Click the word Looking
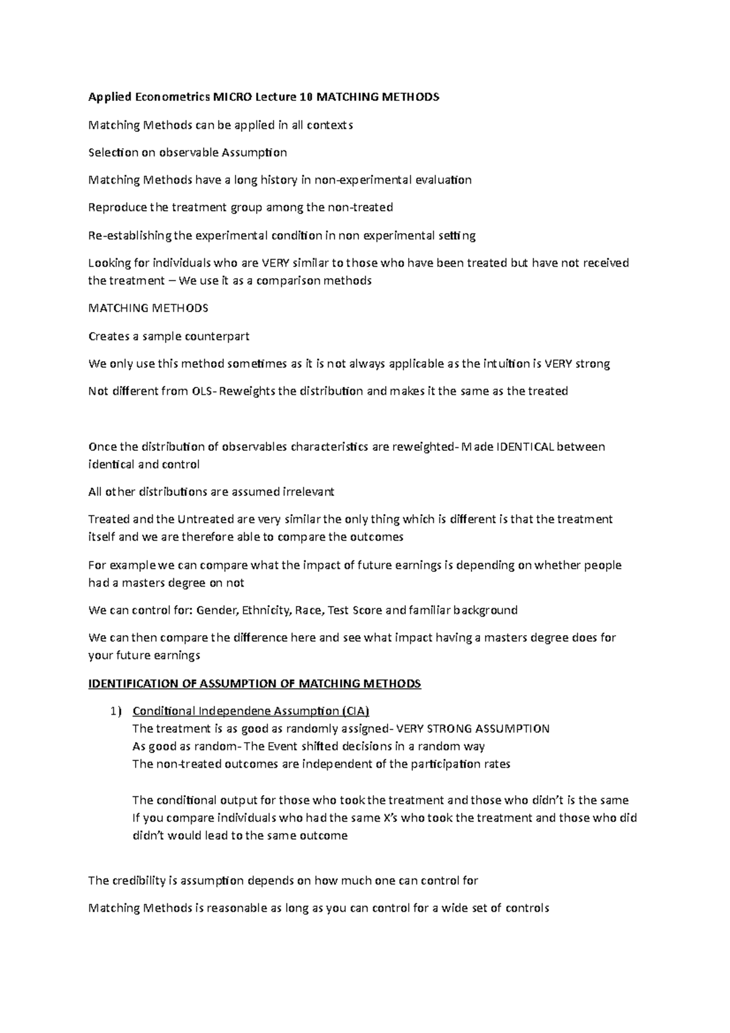pos(108,263)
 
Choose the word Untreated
pos(206,520)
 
